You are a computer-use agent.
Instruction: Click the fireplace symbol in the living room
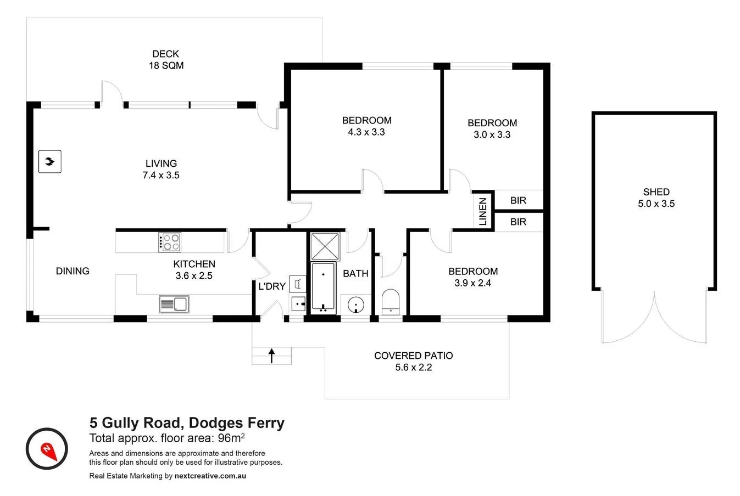pyautogui.click(x=50, y=162)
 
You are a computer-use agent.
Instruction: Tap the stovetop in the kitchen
pyautogui.click(x=170, y=242)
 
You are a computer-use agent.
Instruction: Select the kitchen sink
pyautogui.click(x=174, y=303)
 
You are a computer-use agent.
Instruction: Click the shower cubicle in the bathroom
pyautogui.click(x=326, y=246)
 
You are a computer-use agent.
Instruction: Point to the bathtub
pyautogui.click(x=324, y=288)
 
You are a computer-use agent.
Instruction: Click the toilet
pyautogui.click(x=392, y=302)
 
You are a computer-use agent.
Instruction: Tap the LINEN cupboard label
pyautogui.click(x=483, y=212)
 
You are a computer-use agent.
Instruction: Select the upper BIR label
pyautogui.click(x=518, y=200)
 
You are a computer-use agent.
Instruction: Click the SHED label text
pyautogui.click(x=656, y=192)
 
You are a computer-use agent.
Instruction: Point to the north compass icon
pyautogui.click(x=47, y=448)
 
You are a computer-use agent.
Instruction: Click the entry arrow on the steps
pyautogui.click(x=271, y=355)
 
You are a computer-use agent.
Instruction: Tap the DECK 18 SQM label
pyautogui.click(x=166, y=59)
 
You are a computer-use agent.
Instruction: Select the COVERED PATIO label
pyautogui.click(x=413, y=356)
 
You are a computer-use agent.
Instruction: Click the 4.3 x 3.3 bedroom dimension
pyautogui.click(x=366, y=132)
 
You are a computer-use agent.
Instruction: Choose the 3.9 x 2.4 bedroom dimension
pyautogui.click(x=472, y=283)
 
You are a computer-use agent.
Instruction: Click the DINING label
pyautogui.click(x=73, y=271)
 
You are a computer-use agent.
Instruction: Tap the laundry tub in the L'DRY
pyautogui.click(x=297, y=284)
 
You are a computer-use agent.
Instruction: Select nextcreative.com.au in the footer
pyautogui.click(x=210, y=476)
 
